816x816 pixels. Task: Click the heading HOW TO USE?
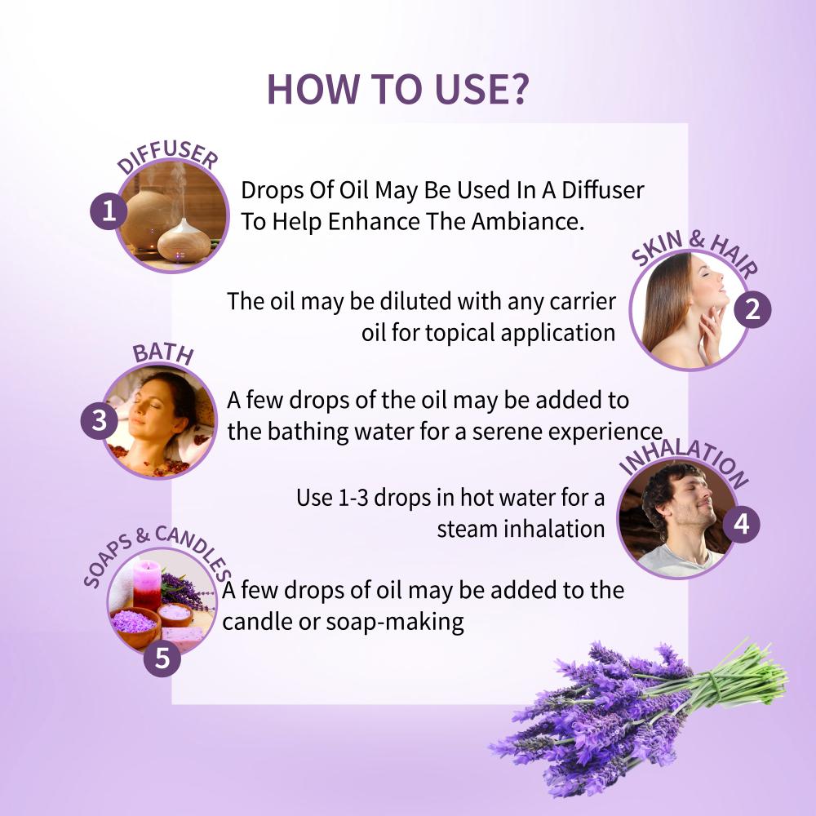pos(397,89)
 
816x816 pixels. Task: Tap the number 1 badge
pos(109,211)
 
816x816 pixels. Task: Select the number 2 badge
pos(752,309)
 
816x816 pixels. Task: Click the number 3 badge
pos(100,420)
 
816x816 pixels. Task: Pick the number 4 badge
pos(741,524)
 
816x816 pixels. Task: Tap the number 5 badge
pos(162,658)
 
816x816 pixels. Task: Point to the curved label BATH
pos(163,353)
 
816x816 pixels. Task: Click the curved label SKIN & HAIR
pos(694,251)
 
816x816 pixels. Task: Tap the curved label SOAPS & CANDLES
pos(157,553)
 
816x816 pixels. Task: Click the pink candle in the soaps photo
pos(147,583)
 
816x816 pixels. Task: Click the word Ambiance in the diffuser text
pos(528,222)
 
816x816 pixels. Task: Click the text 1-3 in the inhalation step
pos(353,498)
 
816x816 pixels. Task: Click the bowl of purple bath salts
pos(135,624)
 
